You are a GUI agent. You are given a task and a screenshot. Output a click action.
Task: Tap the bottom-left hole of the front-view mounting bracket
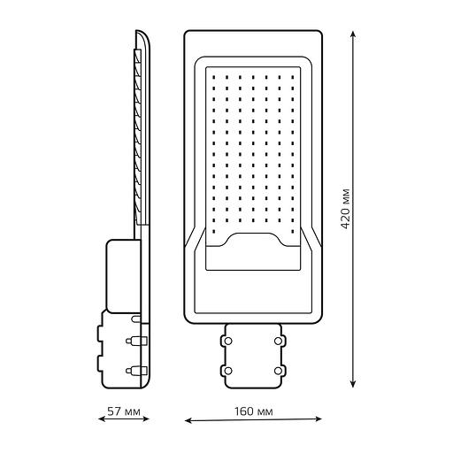click(228, 367)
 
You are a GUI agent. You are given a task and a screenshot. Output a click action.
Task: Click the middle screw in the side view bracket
click(134, 340)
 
